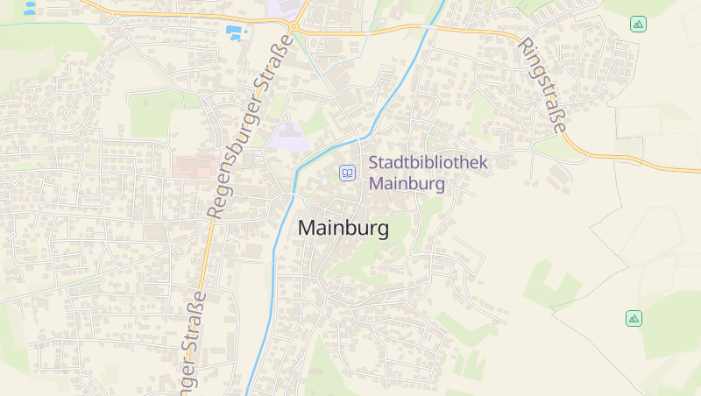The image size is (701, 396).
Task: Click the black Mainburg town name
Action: (x=343, y=227)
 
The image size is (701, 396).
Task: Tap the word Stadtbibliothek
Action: (x=428, y=162)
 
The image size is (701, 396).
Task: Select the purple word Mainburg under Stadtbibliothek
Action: (x=407, y=184)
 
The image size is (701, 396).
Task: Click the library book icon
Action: (x=348, y=173)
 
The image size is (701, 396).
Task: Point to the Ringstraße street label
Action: (x=543, y=85)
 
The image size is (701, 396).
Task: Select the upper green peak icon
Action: (x=638, y=24)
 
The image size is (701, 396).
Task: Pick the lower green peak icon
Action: (x=634, y=318)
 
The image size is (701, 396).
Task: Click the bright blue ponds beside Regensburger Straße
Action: (x=235, y=33)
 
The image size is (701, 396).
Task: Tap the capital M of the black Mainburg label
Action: (x=308, y=227)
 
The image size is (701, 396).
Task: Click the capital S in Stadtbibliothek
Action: (x=374, y=162)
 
